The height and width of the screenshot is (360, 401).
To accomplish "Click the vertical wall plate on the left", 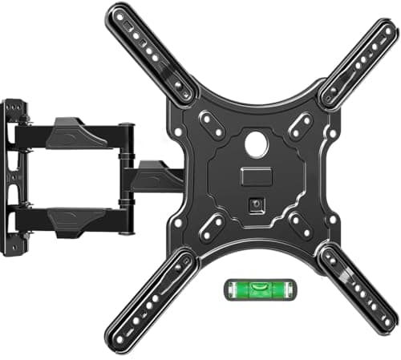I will [x=12, y=176].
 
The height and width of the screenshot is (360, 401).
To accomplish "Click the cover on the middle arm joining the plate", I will [x=157, y=174].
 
